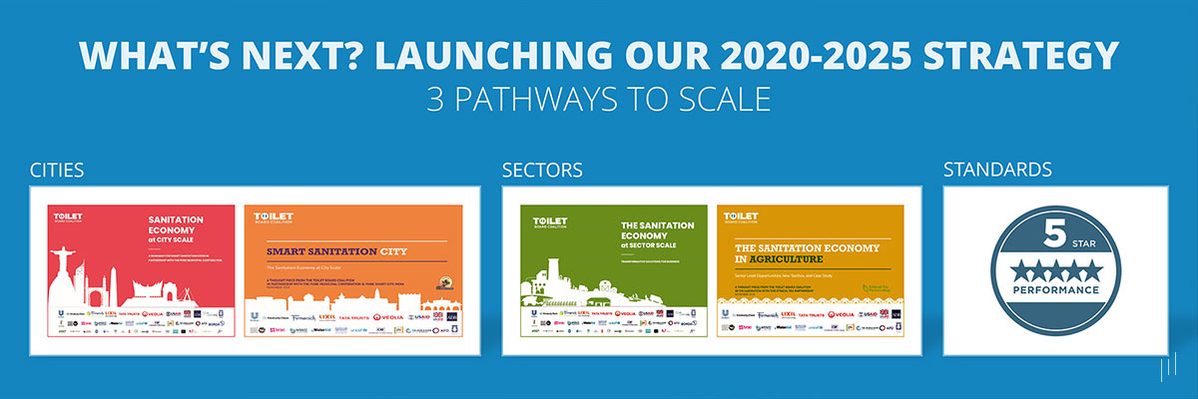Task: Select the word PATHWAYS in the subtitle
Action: [544, 101]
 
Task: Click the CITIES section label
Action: [57, 171]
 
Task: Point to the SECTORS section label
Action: [542, 171]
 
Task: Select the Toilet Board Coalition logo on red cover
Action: [70, 218]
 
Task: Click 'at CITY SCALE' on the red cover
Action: [175, 240]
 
